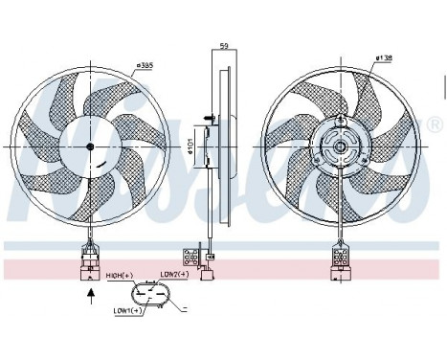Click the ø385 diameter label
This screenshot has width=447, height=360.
point(145,65)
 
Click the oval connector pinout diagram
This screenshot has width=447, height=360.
point(157,294)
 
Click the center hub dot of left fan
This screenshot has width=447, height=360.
point(90,146)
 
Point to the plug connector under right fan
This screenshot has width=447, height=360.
point(337,258)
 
